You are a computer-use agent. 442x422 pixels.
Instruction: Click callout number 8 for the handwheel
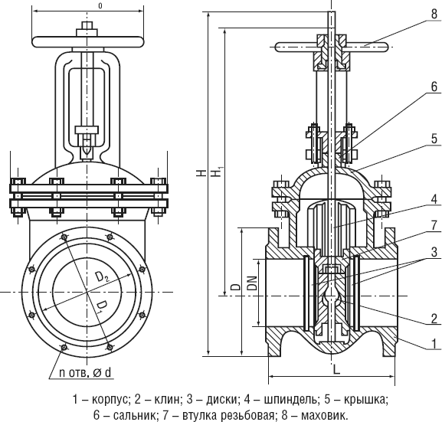coord(434,14)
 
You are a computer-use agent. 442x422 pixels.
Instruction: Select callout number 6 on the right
coord(434,87)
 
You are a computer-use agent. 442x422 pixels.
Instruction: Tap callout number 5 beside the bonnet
coord(434,139)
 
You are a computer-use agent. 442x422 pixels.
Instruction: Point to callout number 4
coord(434,199)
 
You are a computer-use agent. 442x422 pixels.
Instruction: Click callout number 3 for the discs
coord(434,252)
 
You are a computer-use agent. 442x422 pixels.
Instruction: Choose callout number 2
coord(434,319)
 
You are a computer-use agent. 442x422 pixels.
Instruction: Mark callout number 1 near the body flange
coord(434,344)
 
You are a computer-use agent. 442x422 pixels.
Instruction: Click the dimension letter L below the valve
coord(336,370)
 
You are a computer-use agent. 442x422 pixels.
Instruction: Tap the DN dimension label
coord(253,283)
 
